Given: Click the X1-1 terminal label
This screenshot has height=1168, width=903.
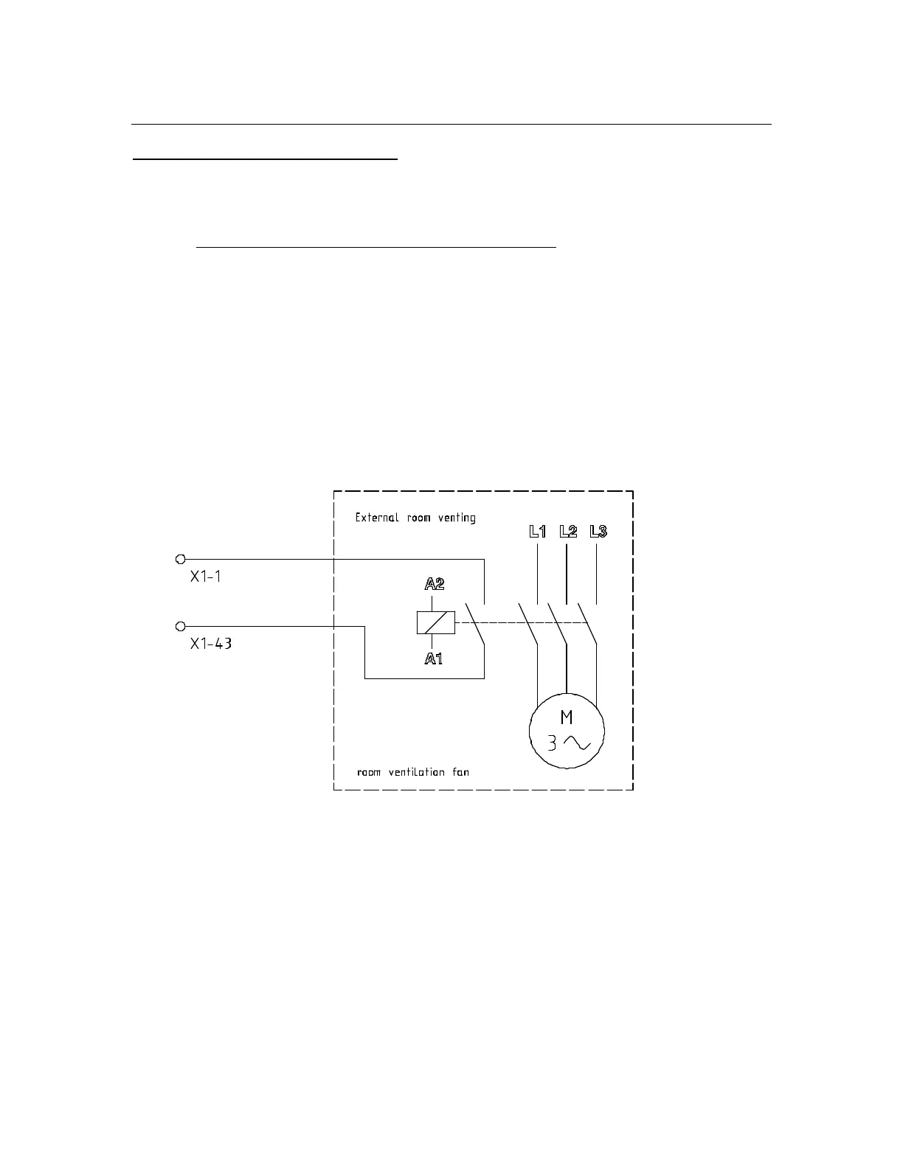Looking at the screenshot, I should click(205, 577).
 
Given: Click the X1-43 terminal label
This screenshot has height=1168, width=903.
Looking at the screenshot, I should click(210, 643).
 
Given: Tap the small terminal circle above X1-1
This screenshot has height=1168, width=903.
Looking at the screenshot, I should click(180, 560).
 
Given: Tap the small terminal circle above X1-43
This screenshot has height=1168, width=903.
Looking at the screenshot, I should click(180, 626).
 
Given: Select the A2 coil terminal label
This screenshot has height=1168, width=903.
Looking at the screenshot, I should click(434, 585).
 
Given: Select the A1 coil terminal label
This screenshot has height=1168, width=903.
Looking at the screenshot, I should click(434, 658).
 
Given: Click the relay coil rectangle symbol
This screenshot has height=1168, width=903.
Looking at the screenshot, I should click(435, 623).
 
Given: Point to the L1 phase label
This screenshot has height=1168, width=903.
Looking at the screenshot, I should click(538, 531).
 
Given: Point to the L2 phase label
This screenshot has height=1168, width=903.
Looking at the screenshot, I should click(568, 531).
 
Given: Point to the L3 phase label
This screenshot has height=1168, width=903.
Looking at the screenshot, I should click(598, 531).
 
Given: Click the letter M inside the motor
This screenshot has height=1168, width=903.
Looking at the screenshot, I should click(567, 717).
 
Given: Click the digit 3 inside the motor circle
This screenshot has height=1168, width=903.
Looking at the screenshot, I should click(551, 743).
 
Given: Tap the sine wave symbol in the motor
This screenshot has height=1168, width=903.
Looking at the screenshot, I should click(577, 743).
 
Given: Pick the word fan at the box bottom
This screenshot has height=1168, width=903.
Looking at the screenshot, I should click(460, 772).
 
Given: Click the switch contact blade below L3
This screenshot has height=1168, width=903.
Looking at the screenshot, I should click(587, 624).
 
